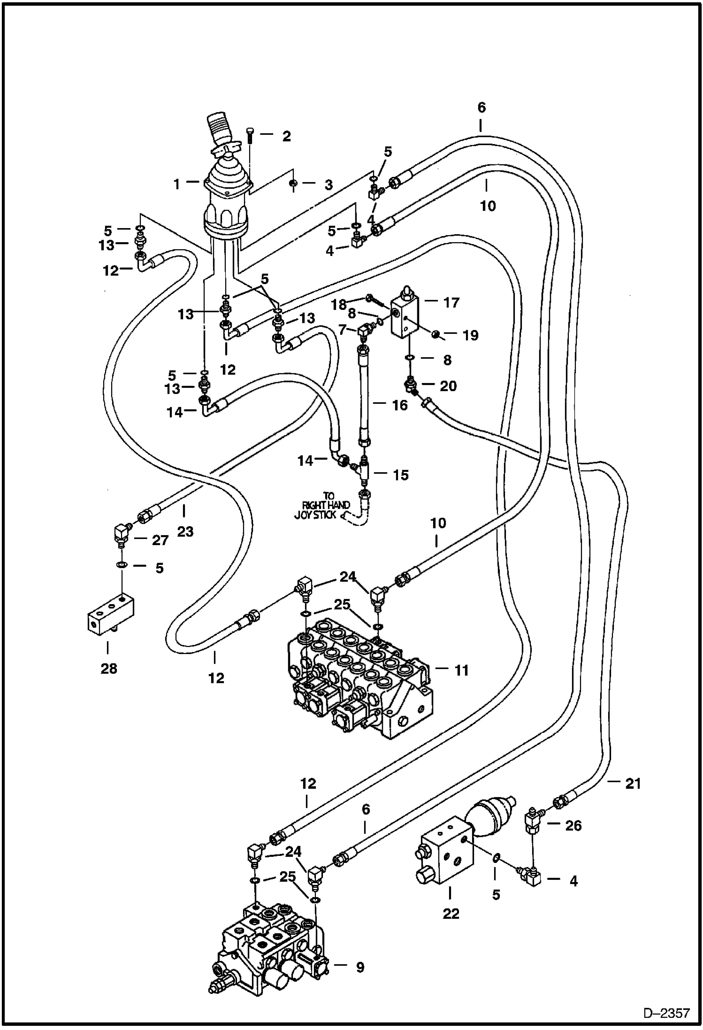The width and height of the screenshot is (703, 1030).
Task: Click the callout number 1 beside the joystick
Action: pos(176,184)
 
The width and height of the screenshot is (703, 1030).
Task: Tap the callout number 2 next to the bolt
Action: pos(286,136)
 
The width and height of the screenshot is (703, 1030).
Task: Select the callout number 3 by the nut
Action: pos(328,185)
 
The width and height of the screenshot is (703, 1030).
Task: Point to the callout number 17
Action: pos(451,303)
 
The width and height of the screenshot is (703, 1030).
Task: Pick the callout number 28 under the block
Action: pos(108,669)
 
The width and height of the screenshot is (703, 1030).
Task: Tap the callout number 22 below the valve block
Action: pos(451,914)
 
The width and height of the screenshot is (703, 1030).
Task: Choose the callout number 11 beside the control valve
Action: pos(461,671)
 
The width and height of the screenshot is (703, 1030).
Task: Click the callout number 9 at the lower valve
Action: pos(359,967)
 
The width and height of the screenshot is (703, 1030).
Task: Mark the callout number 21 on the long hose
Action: pos(633,784)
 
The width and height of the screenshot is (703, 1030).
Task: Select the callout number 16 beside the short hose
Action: pos(400,405)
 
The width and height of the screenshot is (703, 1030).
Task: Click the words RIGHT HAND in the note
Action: pos(326,505)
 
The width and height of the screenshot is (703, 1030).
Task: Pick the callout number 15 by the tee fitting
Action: pos(401,475)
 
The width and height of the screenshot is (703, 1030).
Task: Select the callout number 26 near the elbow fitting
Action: pos(573,825)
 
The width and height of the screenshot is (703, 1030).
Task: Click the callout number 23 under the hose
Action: pos(185,531)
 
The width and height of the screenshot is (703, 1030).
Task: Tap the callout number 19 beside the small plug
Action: pos(470,335)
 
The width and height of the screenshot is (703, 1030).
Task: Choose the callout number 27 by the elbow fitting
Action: pos(160,540)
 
